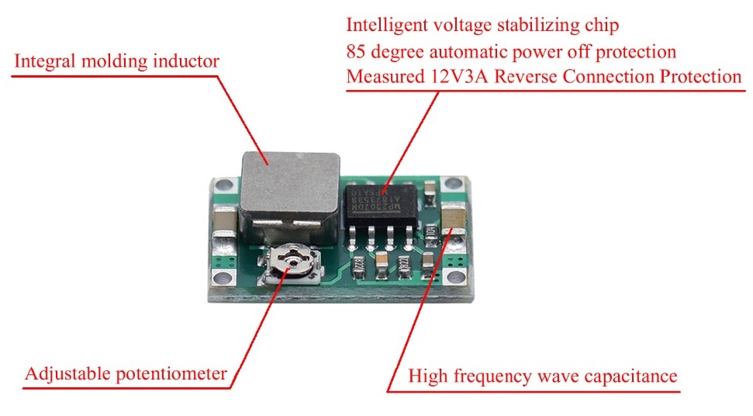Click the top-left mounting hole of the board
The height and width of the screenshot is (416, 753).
point(225,186)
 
